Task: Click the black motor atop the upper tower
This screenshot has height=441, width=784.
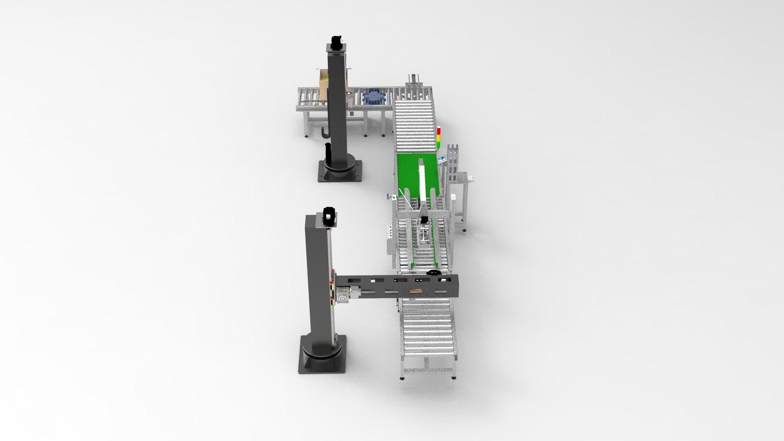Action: click(336, 42)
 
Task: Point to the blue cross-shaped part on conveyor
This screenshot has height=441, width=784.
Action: click(374, 97)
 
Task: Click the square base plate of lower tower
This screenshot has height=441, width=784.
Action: click(323, 359)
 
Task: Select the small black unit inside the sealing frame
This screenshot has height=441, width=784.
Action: click(425, 220)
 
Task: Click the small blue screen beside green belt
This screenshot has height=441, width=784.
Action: click(442, 158)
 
